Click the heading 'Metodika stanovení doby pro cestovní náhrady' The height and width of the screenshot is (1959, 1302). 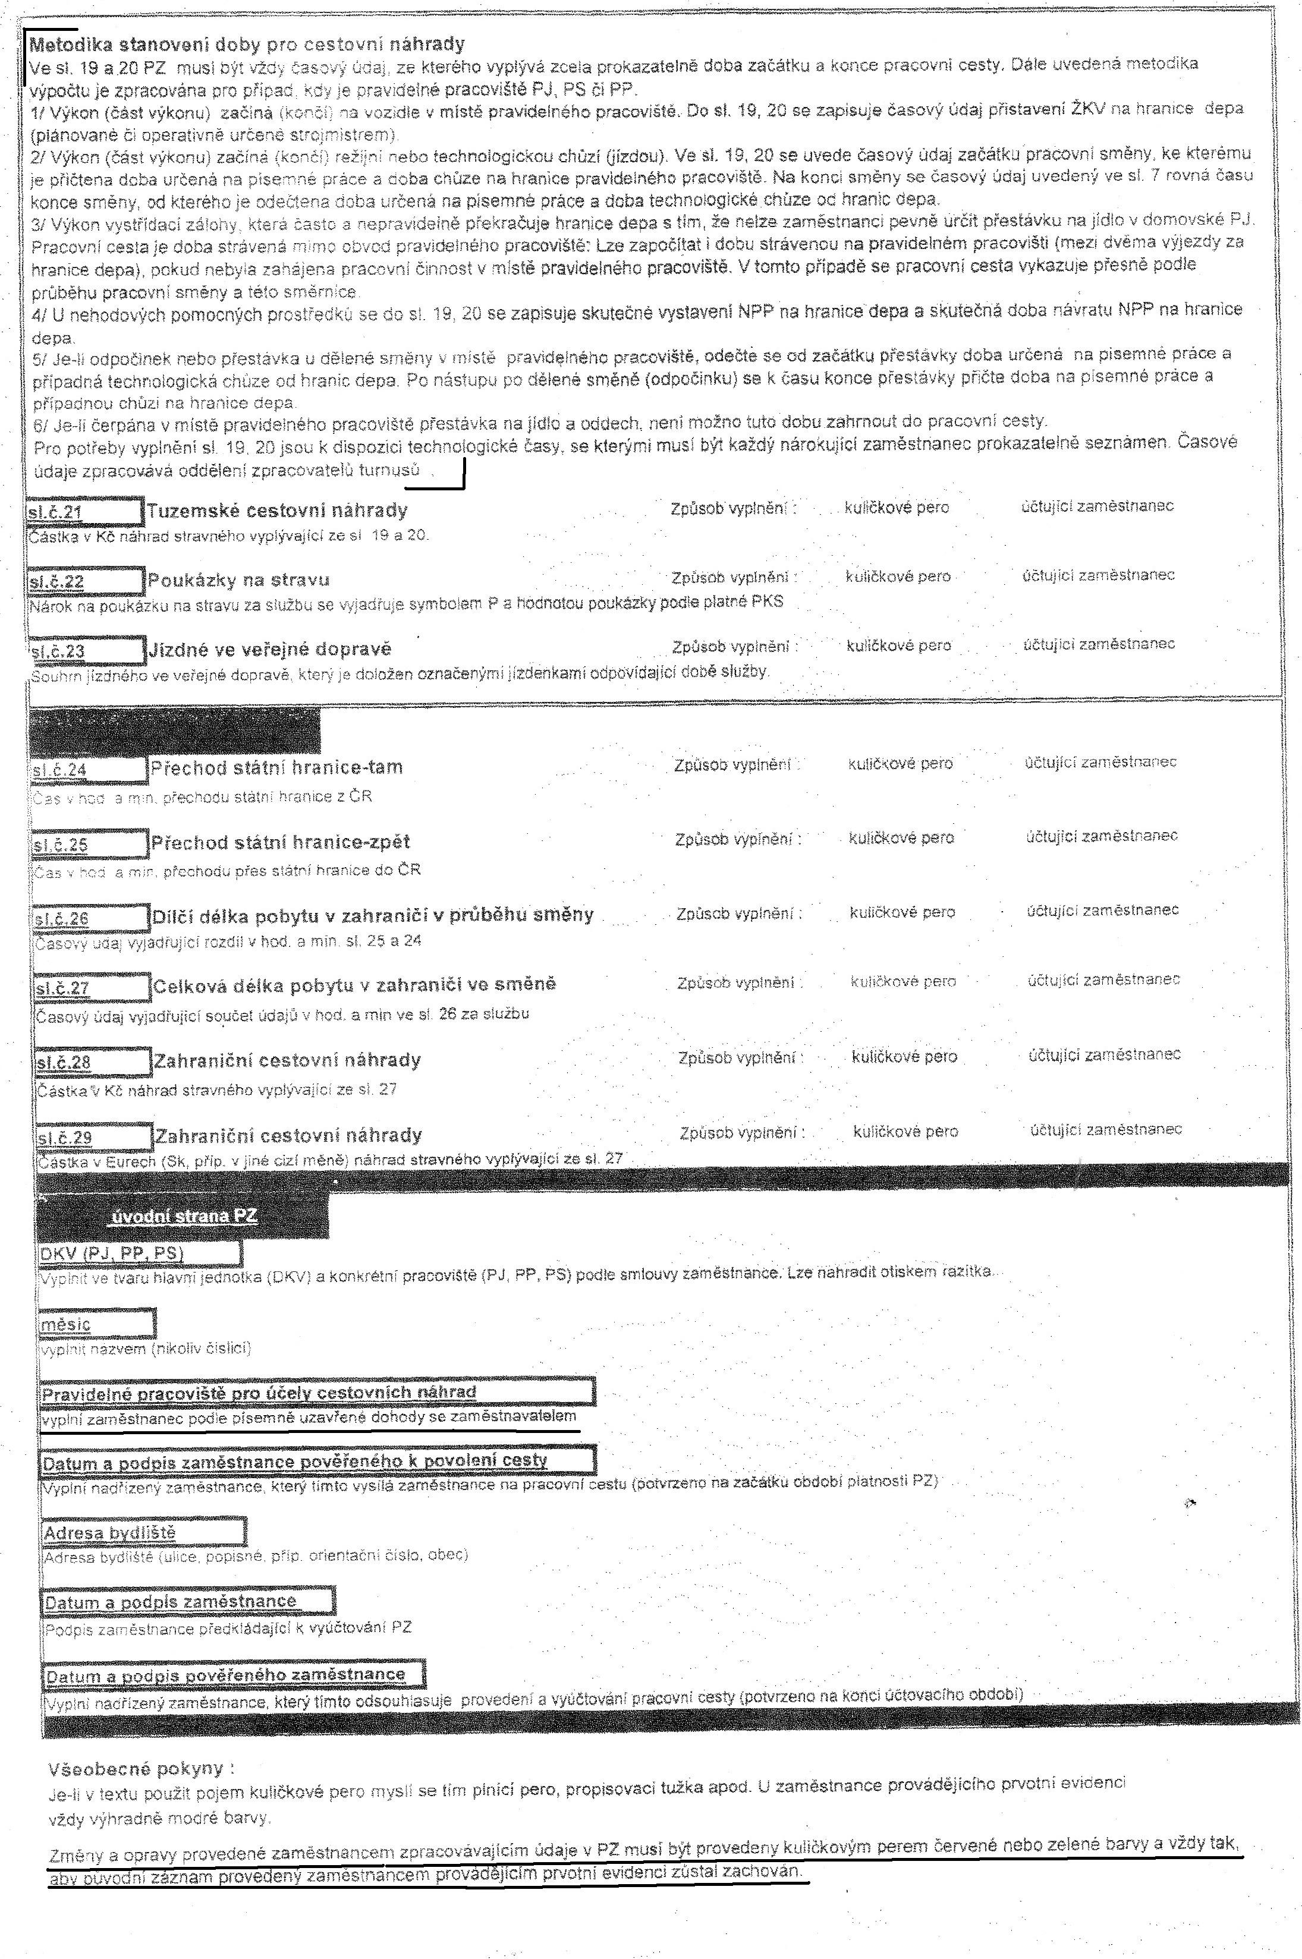(x=247, y=44)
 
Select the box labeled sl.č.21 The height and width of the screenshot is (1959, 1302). (x=84, y=511)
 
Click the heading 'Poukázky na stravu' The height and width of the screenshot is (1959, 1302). (x=238, y=579)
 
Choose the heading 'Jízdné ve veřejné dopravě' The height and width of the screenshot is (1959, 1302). (x=270, y=649)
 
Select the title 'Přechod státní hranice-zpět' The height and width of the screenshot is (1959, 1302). (x=281, y=843)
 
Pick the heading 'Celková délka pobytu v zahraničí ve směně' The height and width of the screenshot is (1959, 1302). (x=354, y=985)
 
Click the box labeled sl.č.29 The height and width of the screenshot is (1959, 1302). (x=95, y=1136)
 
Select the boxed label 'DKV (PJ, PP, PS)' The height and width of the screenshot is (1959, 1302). (x=140, y=1252)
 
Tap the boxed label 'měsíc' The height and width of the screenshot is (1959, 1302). (x=97, y=1323)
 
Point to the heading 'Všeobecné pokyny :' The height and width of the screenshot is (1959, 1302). (x=141, y=1745)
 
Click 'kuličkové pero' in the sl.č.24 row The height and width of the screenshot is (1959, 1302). (x=900, y=763)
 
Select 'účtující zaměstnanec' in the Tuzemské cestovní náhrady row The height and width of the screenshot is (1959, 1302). (x=1097, y=506)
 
